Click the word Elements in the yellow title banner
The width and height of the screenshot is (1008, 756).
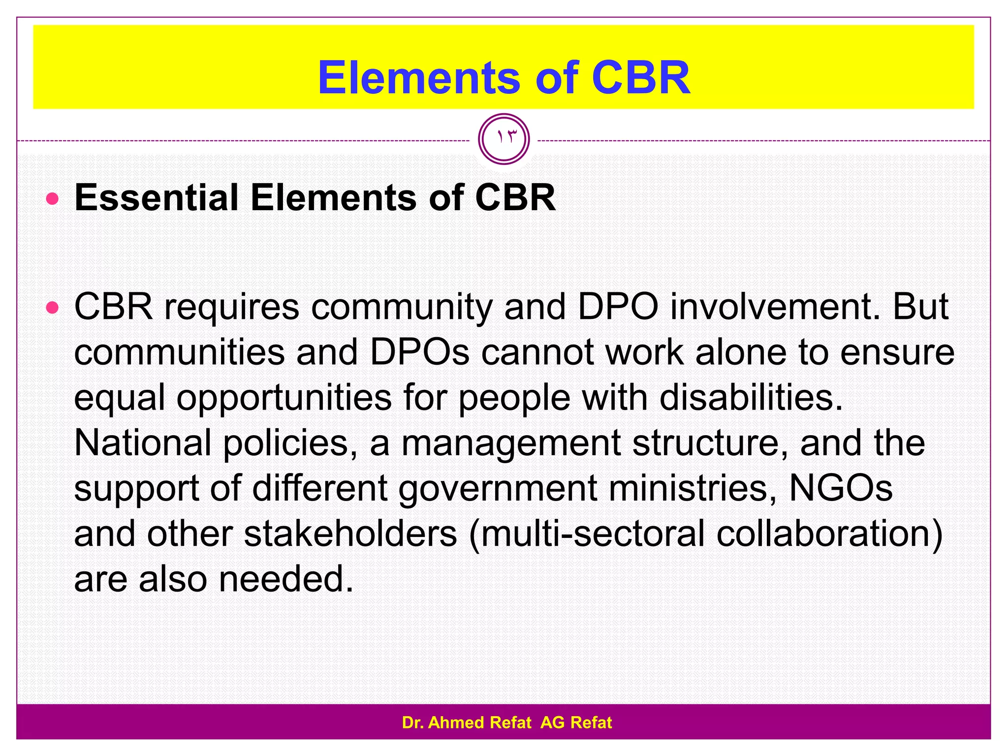pos(419,78)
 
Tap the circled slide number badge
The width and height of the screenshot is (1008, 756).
pos(504,139)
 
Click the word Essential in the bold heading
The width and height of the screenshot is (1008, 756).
pos(157,198)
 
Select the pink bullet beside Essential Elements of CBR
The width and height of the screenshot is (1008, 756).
pos(52,199)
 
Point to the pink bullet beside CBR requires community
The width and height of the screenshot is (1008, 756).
pos(52,309)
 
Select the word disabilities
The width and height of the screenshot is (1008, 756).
pos(751,398)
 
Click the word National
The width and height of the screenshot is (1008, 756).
pos(143,443)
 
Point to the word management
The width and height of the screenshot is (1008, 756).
pos(511,443)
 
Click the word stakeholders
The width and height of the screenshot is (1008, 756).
pos(350,534)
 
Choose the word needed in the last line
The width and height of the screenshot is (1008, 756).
pos(286,579)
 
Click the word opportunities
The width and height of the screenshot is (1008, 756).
pos(284,398)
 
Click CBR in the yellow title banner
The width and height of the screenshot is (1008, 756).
pos(641,78)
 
